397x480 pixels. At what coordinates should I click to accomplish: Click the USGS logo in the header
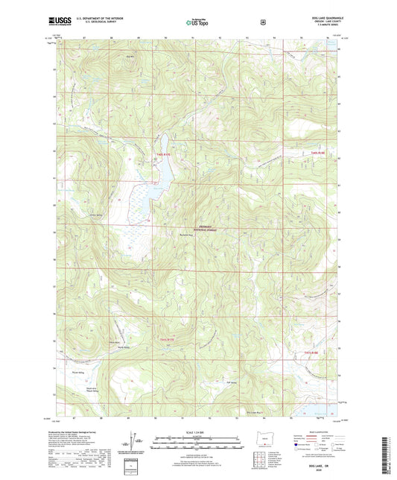[63, 22]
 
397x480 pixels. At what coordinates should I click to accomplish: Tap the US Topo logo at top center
[197, 22]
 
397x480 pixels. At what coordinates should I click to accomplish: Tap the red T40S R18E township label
[319, 153]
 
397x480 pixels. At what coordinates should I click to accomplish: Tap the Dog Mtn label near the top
[130, 56]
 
